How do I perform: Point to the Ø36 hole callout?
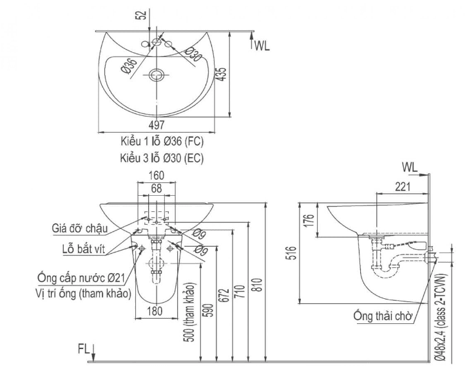128,66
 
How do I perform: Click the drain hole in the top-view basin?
155,76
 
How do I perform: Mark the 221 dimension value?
401,187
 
